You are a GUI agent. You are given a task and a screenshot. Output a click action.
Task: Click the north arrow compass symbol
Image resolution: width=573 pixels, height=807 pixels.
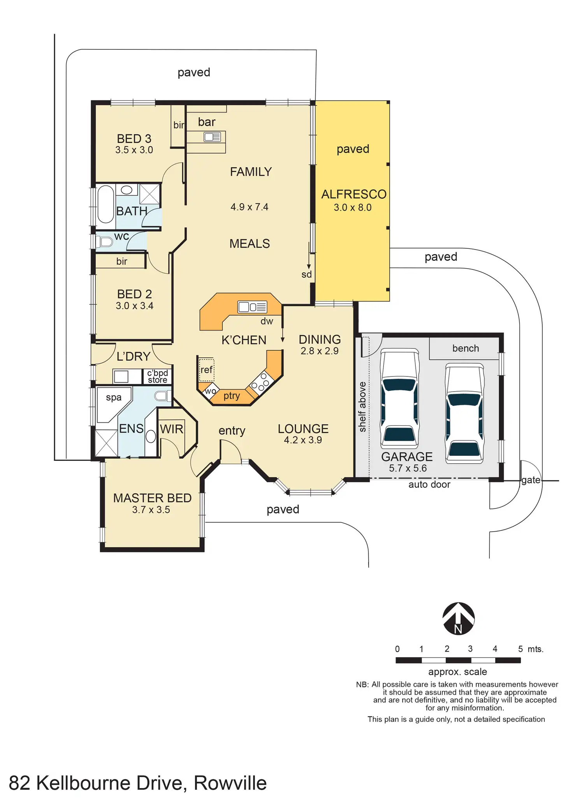[458, 619]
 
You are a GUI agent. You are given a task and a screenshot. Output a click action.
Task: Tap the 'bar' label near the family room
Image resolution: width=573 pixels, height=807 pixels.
[206, 122]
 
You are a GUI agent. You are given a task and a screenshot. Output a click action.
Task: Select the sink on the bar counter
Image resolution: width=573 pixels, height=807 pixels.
[212, 137]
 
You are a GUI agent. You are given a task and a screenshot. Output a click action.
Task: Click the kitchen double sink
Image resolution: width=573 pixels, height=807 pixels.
[252, 307]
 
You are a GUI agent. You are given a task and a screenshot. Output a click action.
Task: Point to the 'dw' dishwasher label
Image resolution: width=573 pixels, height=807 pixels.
[267, 321]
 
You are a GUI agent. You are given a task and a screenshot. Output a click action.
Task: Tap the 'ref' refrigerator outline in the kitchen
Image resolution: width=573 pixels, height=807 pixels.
[206, 369]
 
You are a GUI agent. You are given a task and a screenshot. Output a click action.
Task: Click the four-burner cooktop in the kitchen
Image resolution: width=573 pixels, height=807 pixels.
[260, 382]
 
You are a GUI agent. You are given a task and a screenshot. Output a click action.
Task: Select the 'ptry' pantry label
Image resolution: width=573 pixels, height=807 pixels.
[232, 396]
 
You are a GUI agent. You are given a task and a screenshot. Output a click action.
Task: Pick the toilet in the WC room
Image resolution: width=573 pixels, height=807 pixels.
[104, 242]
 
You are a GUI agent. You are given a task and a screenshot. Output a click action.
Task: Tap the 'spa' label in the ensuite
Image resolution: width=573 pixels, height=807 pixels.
[114, 398]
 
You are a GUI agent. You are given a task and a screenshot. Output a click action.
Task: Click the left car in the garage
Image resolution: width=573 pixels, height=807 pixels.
[400, 398]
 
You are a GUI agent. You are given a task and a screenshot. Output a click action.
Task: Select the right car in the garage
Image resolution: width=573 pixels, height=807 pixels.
[465, 413]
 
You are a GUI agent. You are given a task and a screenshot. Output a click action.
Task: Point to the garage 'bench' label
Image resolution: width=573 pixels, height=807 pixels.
[466, 348]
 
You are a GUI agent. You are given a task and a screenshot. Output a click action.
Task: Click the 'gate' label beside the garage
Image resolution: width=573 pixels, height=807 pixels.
[531, 480]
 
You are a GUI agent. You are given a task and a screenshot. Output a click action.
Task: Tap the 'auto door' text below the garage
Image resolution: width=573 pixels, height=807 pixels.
[429, 484]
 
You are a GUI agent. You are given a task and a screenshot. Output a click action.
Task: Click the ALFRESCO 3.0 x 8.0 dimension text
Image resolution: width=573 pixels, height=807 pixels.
[353, 207]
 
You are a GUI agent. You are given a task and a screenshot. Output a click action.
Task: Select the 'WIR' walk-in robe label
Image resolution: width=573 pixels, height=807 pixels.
[171, 429]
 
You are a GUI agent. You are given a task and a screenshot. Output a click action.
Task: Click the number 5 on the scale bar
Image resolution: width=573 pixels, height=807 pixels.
[520, 649]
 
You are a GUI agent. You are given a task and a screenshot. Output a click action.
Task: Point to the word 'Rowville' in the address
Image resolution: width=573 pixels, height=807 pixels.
[230, 783]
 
